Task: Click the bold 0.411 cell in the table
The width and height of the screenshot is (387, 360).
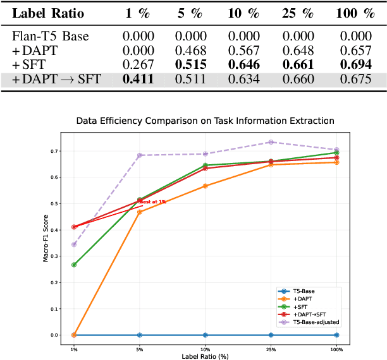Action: (x=138, y=80)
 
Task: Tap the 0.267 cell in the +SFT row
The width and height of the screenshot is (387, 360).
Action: (x=138, y=65)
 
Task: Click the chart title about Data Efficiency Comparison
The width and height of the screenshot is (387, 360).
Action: (x=205, y=120)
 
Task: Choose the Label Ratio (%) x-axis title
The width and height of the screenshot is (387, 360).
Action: (x=205, y=356)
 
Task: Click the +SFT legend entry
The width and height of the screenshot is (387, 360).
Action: (x=300, y=306)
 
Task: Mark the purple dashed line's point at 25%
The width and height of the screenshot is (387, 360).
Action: (x=271, y=142)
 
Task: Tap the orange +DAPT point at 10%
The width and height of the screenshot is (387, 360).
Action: (x=206, y=186)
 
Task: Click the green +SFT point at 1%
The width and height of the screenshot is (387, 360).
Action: (x=74, y=265)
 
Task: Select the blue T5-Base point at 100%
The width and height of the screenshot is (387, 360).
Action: (x=336, y=335)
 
